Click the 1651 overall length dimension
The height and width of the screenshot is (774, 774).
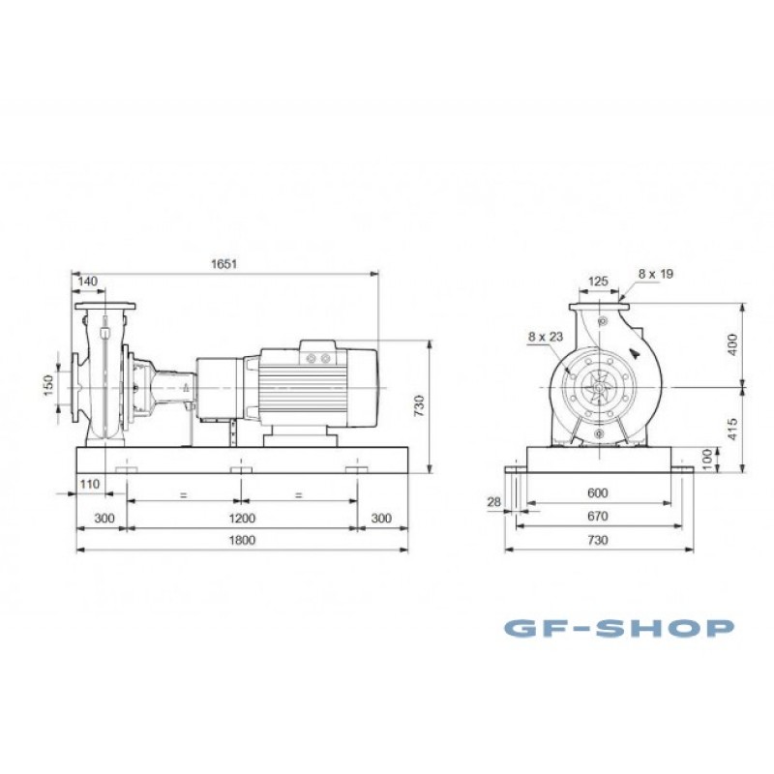(224, 263)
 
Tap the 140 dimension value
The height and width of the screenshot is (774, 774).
(88, 282)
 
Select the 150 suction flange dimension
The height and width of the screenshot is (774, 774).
(47, 385)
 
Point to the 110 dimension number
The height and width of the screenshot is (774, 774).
(89, 485)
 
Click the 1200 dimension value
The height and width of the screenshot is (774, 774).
(243, 519)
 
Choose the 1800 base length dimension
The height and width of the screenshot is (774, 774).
(243, 540)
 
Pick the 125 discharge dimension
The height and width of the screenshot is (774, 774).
(598, 282)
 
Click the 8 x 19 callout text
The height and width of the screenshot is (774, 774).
(656, 274)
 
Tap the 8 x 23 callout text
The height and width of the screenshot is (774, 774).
(546, 337)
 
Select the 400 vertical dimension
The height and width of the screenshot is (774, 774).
(732, 344)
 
